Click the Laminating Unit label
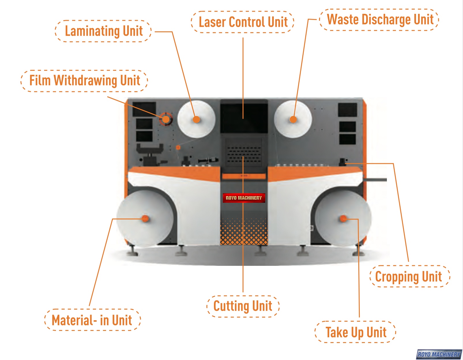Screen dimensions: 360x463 (x=103, y=31)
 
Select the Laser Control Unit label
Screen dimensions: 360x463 (x=243, y=22)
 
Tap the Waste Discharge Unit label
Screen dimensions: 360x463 (x=380, y=20)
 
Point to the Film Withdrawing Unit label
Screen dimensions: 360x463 (x=84, y=81)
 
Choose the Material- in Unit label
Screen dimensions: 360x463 (x=92, y=320)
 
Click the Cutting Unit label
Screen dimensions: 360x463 (x=243, y=306)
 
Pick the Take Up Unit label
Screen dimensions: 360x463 (x=356, y=332)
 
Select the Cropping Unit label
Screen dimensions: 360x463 (x=409, y=276)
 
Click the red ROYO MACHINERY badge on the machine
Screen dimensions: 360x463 (x=244, y=198)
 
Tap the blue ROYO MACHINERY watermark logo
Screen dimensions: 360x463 (x=439, y=354)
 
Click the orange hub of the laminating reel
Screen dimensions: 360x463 (x=197, y=119)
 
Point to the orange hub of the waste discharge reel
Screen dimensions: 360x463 (x=293, y=119)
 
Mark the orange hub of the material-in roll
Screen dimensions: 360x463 (x=145, y=219)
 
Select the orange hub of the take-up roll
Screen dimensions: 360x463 (x=343, y=219)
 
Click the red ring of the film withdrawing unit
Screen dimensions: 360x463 (x=166, y=119)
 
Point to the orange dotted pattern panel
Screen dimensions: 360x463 (x=244, y=232)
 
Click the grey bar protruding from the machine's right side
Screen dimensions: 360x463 (x=375, y=180)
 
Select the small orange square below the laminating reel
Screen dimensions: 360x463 (x=178, y=147)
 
